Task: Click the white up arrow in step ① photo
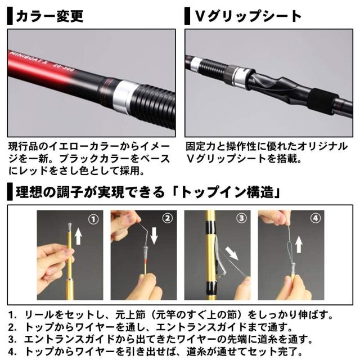tap(79, 234)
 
